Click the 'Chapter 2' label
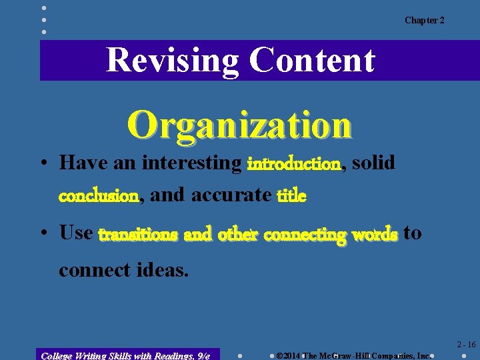pyautogui.click(x=424, y=20)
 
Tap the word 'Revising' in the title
pyautogui.click(x=172, y=60)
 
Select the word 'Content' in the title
pyautogui.click(x=312, y=60)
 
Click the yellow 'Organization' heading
pyautogui.click(x=240, y=125)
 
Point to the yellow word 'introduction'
pyautogui.click(x=294, y=163)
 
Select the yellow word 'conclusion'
pyautogui.click(x=99, y=196)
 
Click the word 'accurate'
pyautogui.click(x=231, y=195)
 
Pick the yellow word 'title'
pyautogui.click(x=293, y=196)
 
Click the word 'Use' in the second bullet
pyautogui.click(x=76, y=233)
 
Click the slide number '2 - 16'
pyautogui.click(x=466, y=345)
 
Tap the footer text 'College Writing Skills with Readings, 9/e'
pyautogui.click(x=125, y=355)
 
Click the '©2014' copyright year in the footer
pyautogui.click(x=289, y=355)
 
